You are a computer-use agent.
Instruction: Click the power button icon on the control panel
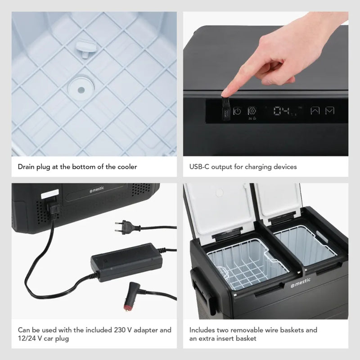(237, 111)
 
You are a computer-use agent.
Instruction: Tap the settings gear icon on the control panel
(252, 111)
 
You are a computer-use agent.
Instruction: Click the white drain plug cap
(86, 48)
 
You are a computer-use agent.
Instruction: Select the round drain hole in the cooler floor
(81, 89)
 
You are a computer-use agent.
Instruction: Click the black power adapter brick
(126, 262)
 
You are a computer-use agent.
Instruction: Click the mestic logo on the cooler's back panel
(97, 189)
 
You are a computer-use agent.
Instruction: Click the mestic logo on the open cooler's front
(301, 283)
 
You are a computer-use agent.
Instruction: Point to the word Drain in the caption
(27, 166)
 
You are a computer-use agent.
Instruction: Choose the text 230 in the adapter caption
(120, 330)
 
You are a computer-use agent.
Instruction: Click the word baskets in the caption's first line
(291, 330)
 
